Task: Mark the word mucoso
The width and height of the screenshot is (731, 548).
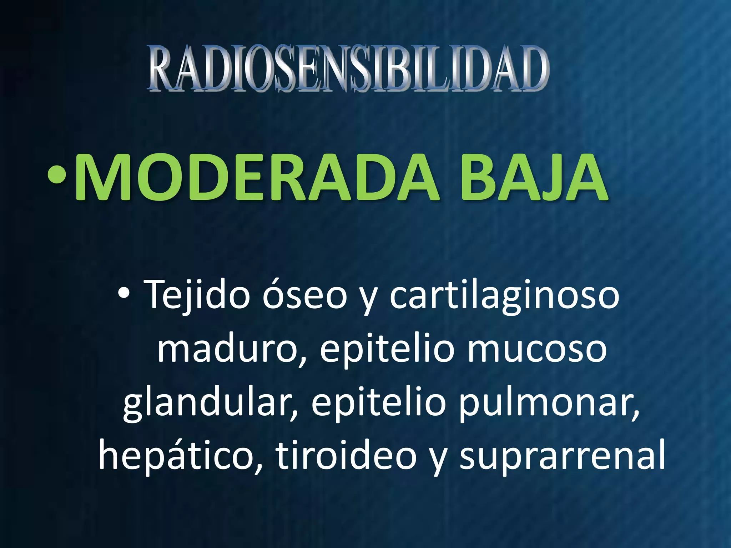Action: (537, 350)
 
